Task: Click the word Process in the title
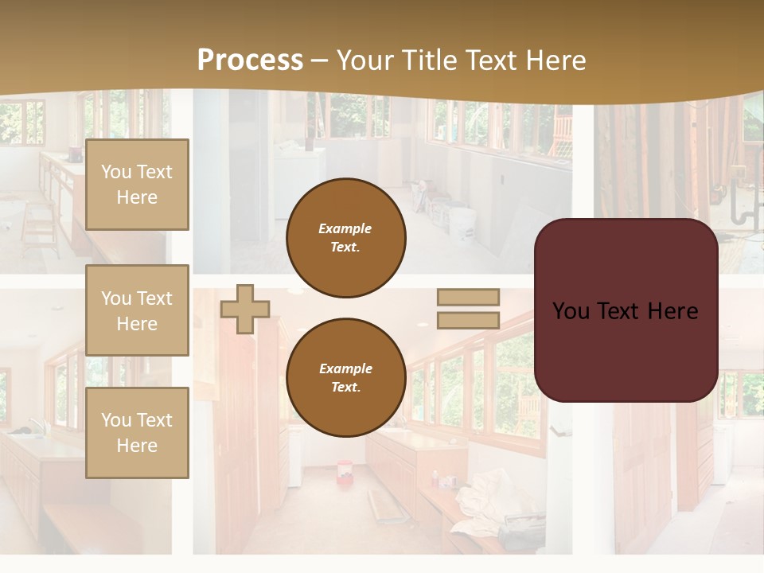(x=250, y=60)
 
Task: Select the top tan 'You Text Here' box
(x=137, y=185)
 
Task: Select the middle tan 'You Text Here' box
(x=137, y=310)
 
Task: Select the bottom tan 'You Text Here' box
(x=137, y=433)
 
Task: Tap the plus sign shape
(x=244, y=309)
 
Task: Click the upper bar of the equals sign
(x=468, y=297)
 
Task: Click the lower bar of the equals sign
(x=468, y=321)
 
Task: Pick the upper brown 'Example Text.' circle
(x=345, y=237)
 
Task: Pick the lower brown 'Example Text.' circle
(x=345, y=377)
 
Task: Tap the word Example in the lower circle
(x=345, y=368)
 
